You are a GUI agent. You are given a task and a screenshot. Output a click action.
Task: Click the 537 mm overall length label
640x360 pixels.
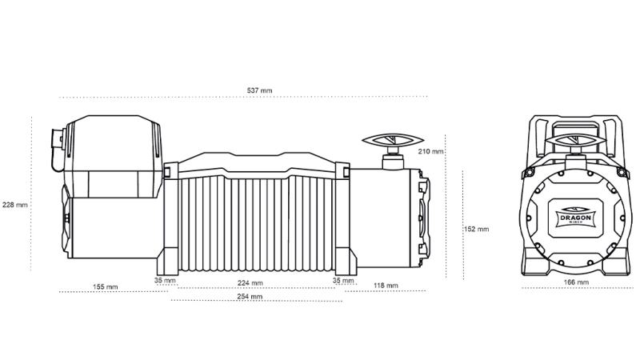pos(259,90)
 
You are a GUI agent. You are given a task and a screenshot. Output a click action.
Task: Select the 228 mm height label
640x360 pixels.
pos(15,205)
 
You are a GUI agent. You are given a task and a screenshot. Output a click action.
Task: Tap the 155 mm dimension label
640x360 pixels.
pos(106,286)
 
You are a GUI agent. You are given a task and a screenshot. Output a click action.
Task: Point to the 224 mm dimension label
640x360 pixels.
pos(250,283)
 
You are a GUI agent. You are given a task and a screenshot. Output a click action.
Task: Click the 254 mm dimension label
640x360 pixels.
pos(250,296)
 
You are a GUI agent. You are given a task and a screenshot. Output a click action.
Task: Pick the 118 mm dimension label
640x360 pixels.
pos(386,286)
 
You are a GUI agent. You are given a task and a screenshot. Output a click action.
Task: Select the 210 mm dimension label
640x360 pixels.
pos(430,151)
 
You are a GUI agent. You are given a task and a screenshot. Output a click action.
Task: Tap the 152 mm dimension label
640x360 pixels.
pos(476,229)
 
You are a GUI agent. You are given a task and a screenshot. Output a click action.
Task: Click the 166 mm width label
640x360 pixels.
pos(576,282)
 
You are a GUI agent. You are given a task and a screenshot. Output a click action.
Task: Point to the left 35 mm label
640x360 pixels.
pos(165,281)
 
